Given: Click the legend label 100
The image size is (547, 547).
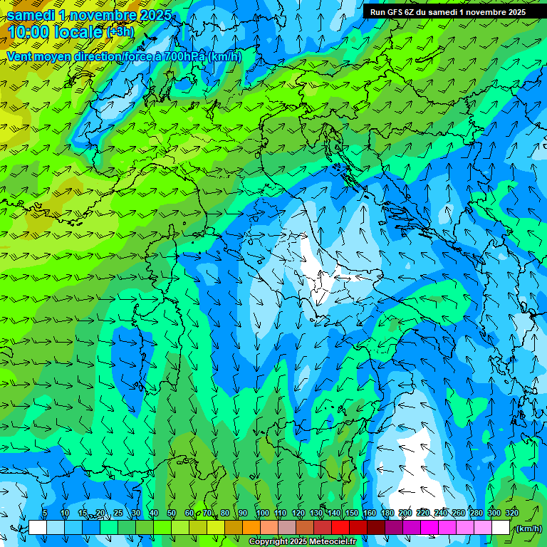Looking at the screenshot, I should click(x=263, y=513).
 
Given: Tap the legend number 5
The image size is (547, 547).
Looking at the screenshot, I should click(x=45, y=513).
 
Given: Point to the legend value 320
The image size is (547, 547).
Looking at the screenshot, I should click(x=512, y=513).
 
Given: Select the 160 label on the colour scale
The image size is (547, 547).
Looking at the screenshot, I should click(x=370, y=513).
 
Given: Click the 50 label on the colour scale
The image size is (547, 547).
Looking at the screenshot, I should click(x=172, y=513).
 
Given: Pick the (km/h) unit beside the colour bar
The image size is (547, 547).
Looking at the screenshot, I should click(x=528, y=528).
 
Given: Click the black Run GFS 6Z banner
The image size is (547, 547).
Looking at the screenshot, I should click(x=447, y=12).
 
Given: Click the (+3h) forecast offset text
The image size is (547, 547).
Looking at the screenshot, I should click(x=120, y=32).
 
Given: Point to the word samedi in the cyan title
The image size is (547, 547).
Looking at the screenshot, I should click(x=31, y=15).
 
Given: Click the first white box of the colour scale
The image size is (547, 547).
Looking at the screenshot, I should click(x=38, y=528).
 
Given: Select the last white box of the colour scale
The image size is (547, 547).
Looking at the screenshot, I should click(x=501, y=528).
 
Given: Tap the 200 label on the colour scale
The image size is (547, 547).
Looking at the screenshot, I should click(x=405, y=513).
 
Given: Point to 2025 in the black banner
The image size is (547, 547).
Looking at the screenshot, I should click(x=512, y=12).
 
